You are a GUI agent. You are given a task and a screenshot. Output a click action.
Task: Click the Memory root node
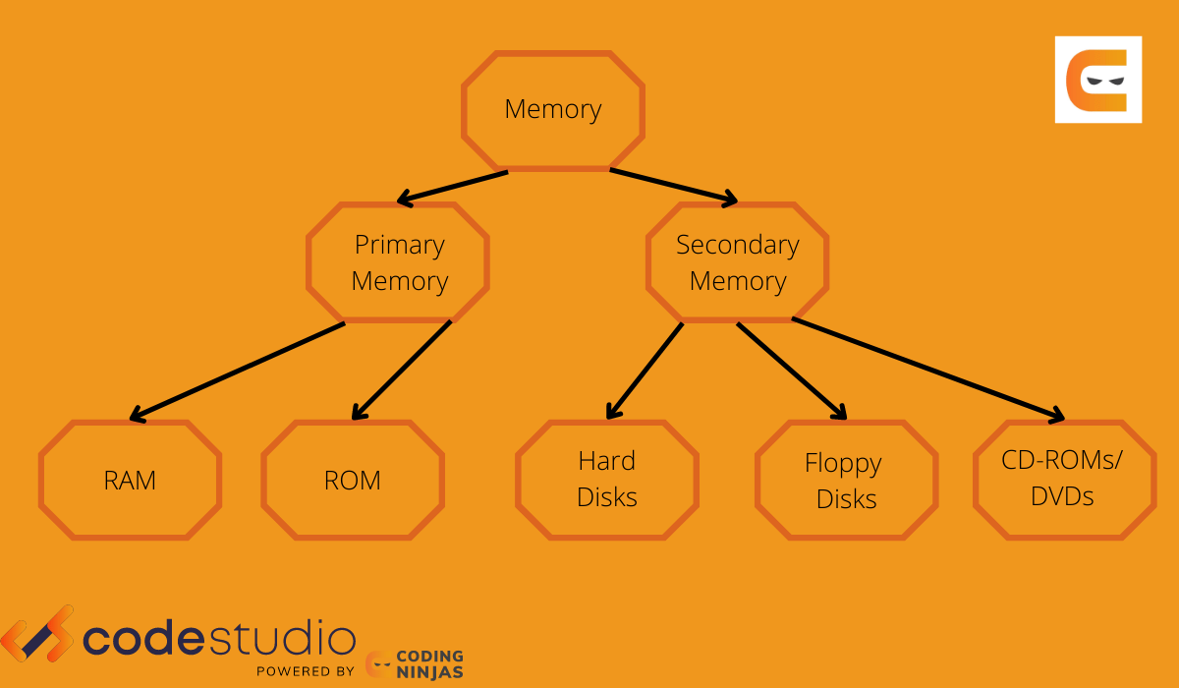click(553, 109)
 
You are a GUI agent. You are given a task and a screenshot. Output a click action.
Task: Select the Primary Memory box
click(398, 262)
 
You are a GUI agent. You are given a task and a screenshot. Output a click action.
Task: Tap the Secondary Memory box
click(737, 262)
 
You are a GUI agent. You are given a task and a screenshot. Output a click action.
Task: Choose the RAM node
click(130, 480)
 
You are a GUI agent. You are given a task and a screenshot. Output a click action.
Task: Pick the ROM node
click(352, 480)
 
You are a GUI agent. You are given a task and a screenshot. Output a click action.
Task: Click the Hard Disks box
click(607, 479)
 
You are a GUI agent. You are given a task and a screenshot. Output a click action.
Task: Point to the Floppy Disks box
click(846, 480)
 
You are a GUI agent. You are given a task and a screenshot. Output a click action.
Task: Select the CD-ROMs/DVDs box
click(1064, 479)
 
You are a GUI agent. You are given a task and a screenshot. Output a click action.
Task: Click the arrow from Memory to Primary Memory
click(452, 187)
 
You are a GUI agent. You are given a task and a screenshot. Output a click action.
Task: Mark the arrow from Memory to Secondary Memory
click(673, 187)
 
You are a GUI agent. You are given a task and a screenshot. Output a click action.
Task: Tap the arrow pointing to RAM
click(236, 371)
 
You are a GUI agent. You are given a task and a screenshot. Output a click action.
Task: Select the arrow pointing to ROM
click(401, 370)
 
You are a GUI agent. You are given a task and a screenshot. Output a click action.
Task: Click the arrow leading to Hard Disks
click(645, 370)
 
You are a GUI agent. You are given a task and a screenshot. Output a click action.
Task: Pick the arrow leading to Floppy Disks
click(791, 370)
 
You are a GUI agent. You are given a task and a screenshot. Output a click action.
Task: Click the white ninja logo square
click(1098, 80)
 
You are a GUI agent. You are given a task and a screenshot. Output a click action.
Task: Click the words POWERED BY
click(305, 671)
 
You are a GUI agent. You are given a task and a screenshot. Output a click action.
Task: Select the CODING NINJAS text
click(430, 664)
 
